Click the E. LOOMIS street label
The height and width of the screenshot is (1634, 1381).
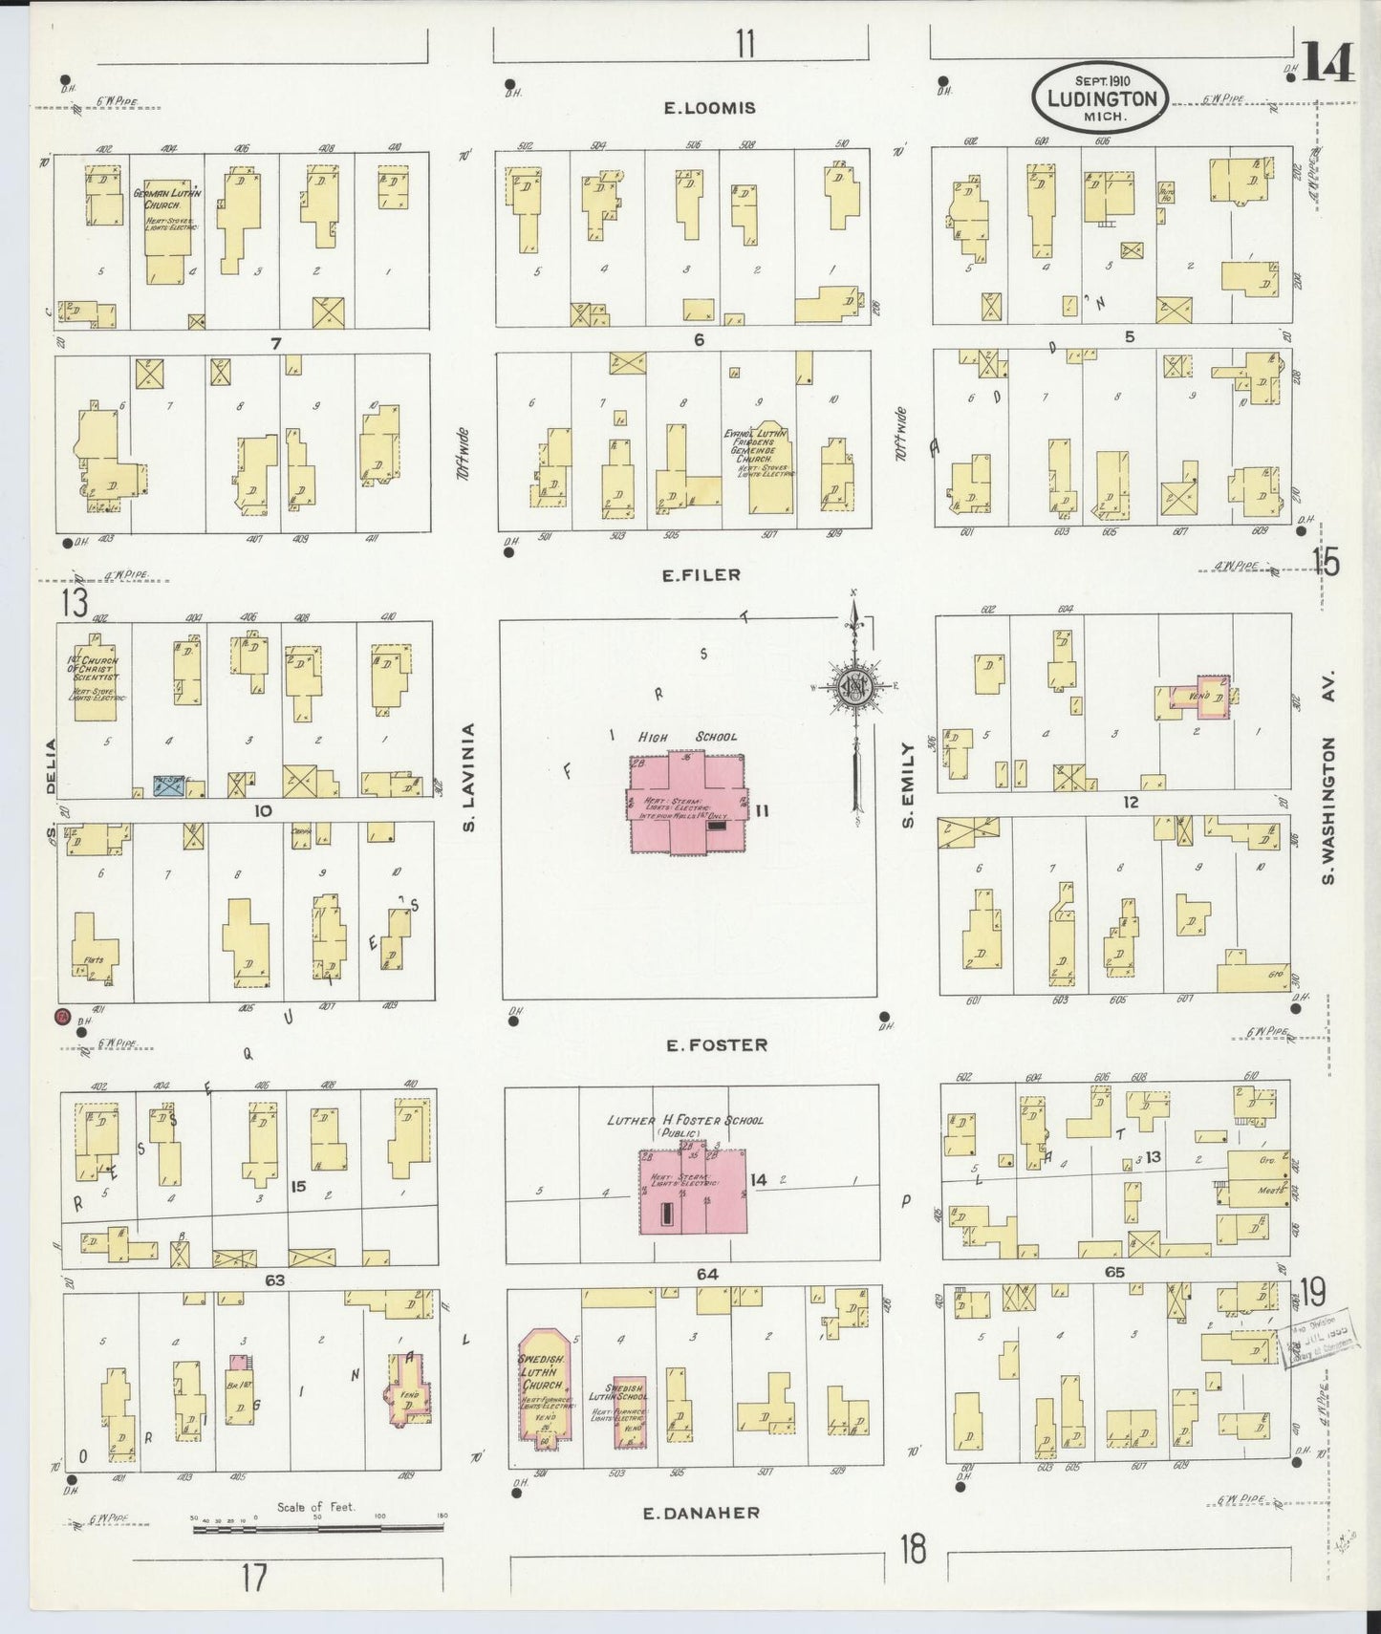click(709, 108)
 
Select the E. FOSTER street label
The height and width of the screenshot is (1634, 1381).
click(717, 1044)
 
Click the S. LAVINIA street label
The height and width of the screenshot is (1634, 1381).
click(468, 776)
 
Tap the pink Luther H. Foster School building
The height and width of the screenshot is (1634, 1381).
click(693, 1190)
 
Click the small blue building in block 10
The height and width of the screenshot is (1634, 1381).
click(169, 786)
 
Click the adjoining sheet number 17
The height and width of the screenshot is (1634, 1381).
click(253, 1578)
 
